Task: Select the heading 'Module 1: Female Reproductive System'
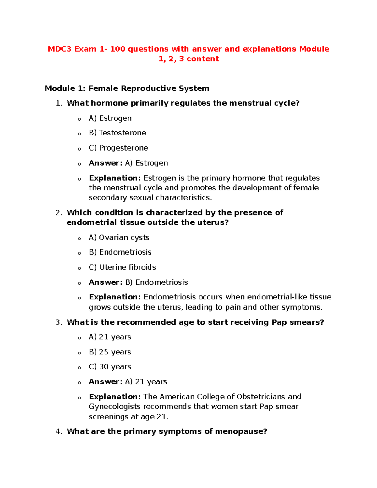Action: click(x=127, y=89)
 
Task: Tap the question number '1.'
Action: click(x=59, y=103)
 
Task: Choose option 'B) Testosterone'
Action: click(x=117, y=133)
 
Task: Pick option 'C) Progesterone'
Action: click(x=118, y=148)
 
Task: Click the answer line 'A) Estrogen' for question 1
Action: click(x=146, y=163)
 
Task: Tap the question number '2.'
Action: click(x=59, y=213)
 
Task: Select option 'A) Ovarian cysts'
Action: click(x=119, y=238)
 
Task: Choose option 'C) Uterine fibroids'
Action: click(x=122, y=267)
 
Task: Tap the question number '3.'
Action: click(x=59, y=322)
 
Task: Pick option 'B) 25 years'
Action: click(x=110, y=352)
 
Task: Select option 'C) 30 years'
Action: click(x=110, y=367)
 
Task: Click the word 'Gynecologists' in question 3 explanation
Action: click(x=114, y=407)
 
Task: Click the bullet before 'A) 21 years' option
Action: click(x=79, y=338)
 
